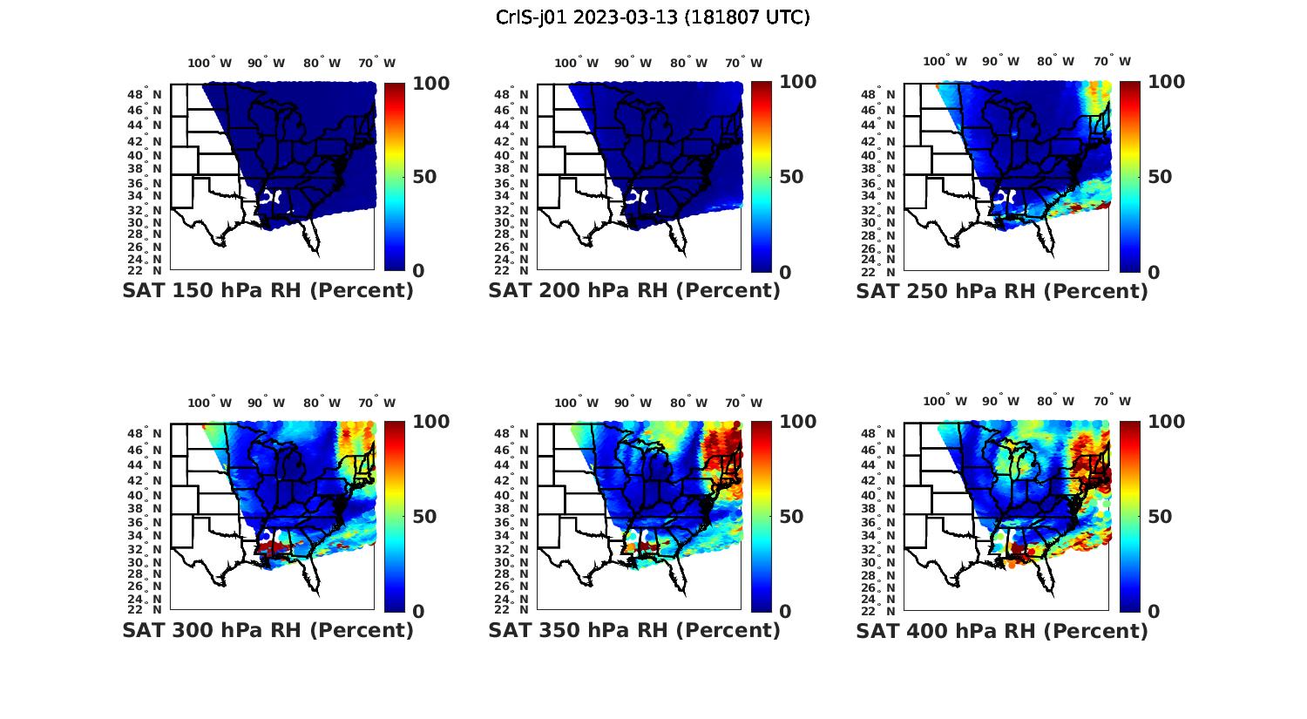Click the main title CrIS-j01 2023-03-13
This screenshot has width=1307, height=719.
pos(653,17)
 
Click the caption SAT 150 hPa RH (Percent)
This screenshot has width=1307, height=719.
pos(267,291)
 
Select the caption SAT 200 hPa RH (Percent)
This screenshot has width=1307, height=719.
pos(634,291)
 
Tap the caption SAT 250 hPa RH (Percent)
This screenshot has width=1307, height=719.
pos(1002,291)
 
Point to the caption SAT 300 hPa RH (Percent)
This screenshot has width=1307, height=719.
pos(267,630)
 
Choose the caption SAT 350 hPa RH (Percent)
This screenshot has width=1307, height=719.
pos(634,630)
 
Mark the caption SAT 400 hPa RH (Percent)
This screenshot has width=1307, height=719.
pos(1002,630)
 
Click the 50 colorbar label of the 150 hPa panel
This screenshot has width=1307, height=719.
pos(424,177)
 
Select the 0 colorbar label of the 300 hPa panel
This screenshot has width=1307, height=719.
pos(418,612)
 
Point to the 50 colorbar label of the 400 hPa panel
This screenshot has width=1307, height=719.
pos(1160,517)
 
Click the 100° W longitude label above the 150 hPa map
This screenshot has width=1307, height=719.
pos(210,63)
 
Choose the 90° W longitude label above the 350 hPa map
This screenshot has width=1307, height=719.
pos(633,403)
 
